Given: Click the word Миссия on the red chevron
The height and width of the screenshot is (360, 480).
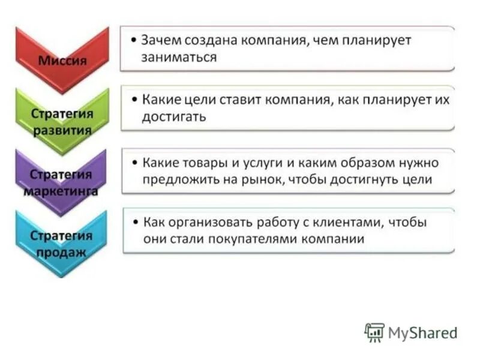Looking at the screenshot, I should pos(62,61).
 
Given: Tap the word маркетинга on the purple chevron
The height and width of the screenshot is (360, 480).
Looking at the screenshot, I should pos(62,191).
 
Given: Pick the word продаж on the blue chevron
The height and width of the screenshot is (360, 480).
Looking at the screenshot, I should pos(61,252).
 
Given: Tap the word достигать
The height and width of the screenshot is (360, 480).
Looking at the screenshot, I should pos(174,116).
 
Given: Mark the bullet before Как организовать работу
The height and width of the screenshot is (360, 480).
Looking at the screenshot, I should pos(136,223).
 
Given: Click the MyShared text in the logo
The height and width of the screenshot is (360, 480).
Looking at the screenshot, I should pos(423,332).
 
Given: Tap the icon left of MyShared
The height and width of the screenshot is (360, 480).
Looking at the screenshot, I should pos(374,332).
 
